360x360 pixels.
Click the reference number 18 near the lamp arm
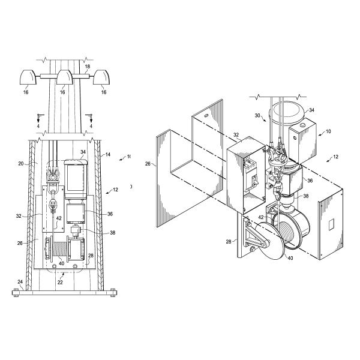tap(88, 67)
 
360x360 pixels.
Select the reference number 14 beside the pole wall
tap(108, 154)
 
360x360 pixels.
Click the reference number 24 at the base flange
tap(20, 281)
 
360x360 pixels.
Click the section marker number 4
tap(38, 126)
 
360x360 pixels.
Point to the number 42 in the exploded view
tap(262, 217)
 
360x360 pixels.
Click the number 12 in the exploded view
tap(334, 158)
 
